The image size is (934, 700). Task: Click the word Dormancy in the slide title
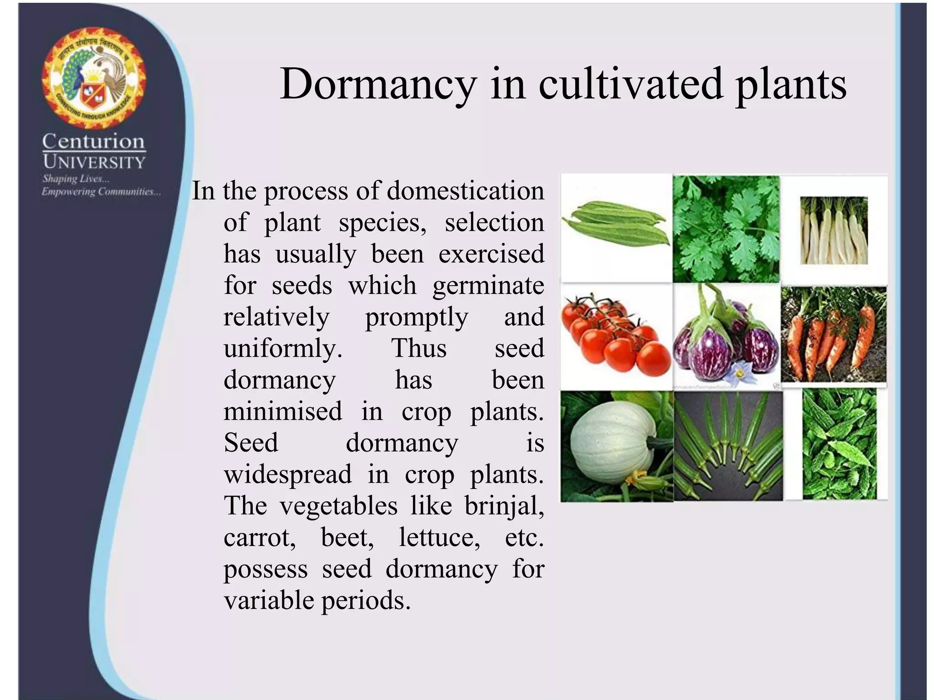pos(378,84)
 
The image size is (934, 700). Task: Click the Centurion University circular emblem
pos(93,77)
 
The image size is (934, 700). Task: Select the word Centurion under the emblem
pos(93,142)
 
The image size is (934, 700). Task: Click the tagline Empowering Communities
pos(101,192)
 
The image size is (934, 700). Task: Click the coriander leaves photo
pos(726,229)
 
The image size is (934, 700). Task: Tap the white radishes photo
pos(834,231)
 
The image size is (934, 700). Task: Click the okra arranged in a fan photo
pos(728,446)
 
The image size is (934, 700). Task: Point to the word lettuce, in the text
pos(439,537)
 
